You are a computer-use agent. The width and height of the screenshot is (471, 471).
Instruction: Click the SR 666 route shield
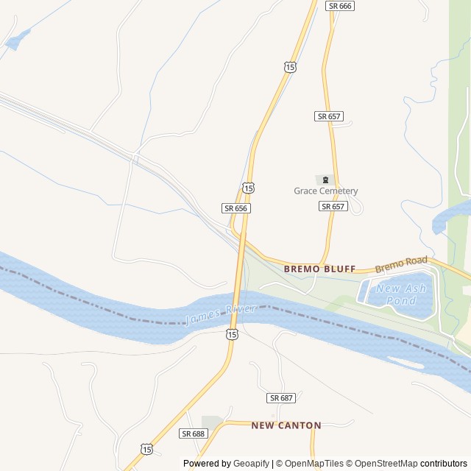[x=341, y=6]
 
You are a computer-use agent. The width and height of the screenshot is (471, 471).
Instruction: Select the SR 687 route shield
[x=281, y=397]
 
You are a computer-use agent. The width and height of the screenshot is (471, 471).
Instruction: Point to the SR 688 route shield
[x=193, y=433]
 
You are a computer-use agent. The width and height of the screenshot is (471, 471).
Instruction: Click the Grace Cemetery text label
[x=325, y=191]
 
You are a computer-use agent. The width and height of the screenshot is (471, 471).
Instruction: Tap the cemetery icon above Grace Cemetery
[x=325, y=180]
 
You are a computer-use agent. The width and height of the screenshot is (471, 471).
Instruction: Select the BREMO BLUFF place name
[x=319, y=269]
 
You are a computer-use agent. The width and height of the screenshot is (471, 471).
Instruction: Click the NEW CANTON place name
[x=286, y=425]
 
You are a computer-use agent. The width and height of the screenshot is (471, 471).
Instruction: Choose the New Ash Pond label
[x=396, y=294]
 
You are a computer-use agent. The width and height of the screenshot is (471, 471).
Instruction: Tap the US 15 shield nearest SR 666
[x=290, y=67]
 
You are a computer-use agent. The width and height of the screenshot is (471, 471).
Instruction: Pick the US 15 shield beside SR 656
[x=249, y=188]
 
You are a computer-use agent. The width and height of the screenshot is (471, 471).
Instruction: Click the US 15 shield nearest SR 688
[x=146, y=449]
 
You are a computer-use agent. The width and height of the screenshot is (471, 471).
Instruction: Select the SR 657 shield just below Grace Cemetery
[x=333, y=207]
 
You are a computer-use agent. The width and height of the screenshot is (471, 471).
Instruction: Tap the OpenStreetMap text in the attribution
[x=383, y=464]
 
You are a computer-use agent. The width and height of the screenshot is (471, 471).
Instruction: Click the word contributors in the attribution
[x=444, y=464]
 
